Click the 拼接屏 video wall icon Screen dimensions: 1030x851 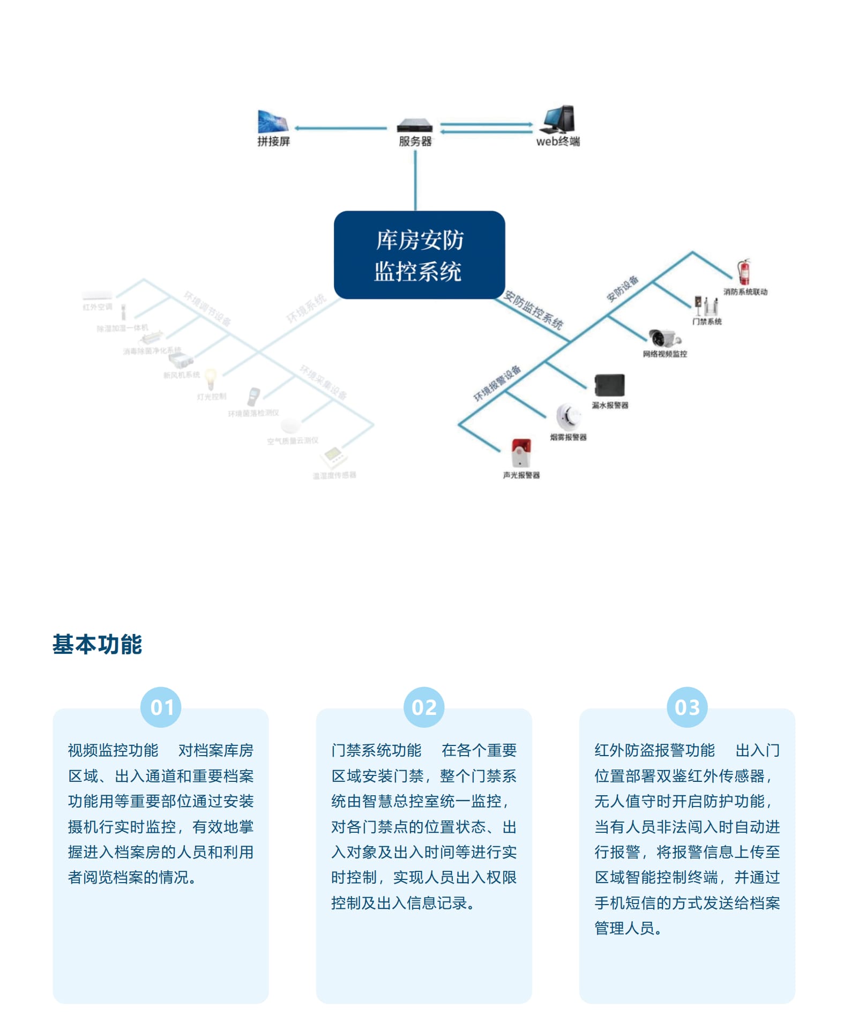click(x=273, y=122)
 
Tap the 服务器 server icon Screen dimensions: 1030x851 click(x=415, y=126)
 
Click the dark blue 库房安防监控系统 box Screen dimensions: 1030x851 click(x=419, y=255)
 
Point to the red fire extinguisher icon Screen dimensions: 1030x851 click(x=744, y=272)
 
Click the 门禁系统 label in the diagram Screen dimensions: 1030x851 click(x=707, y=322)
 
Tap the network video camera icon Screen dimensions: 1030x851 click(x=664, y=338)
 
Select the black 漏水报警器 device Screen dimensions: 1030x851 click(x=609, y=385)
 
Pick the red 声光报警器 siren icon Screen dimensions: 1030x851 click(x=521, y=453)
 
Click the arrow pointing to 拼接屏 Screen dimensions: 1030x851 click(x=298, y=128)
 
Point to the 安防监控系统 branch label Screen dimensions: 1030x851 click(x=534, y=310)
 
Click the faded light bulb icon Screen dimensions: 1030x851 click(x=211, y=378)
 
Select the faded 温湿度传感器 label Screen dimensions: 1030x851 click(x=334, y=475)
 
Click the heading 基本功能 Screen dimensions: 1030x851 click(x=97, y=644)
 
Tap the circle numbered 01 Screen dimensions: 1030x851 click(x=161, y=707)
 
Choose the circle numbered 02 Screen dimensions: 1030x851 click(x=424, y=707)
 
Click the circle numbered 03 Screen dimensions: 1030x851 click(x=687, y=707)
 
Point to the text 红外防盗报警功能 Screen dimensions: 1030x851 click(x=654, y=750)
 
